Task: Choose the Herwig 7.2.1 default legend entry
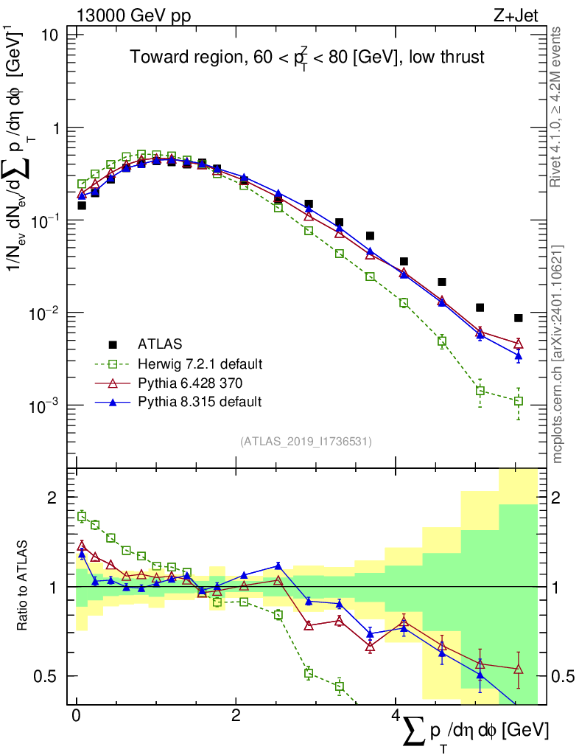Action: pos(200,363)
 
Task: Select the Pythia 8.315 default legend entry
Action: pos(200,402)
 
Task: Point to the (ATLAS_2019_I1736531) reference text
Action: pos(306,442)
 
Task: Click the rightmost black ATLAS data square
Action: pos(519,318)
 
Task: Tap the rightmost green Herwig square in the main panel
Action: pos(519,401)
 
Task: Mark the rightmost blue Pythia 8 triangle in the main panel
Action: pos(519,356)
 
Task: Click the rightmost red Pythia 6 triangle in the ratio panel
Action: pos(519,669)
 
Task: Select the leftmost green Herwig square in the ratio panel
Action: pos(82,516)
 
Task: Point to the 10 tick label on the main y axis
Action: pos(49,35)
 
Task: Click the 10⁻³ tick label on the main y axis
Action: pos(45,406)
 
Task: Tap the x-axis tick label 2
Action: pos(235,716)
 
